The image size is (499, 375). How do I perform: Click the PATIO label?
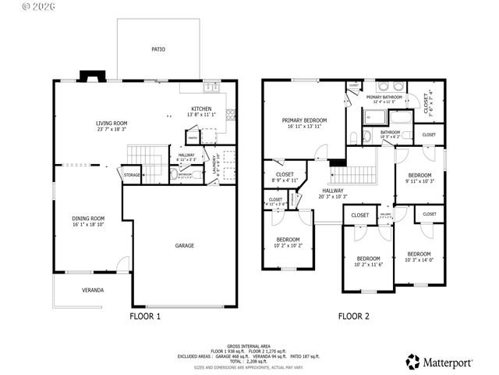158,49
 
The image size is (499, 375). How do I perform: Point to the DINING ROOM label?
87,221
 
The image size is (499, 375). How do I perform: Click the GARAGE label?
184,245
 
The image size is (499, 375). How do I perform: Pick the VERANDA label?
93,290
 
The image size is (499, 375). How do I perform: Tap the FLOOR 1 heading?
144,317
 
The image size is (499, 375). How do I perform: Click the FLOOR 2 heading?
353,317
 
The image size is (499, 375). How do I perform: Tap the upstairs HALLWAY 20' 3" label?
333,193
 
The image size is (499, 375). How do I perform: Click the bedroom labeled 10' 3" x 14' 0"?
419,256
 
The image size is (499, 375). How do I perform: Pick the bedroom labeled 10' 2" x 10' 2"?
287,241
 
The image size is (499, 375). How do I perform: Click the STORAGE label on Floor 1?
132,175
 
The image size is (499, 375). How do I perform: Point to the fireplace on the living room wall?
92,77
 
